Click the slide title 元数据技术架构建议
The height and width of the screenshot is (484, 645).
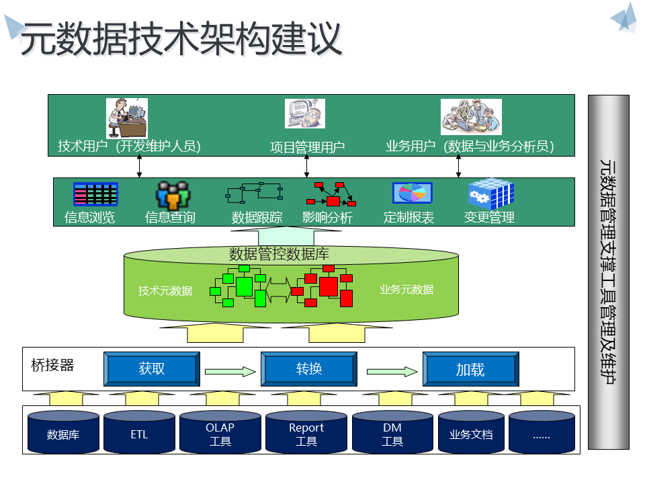coord(181,40)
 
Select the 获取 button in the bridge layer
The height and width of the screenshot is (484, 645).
coord(152,369)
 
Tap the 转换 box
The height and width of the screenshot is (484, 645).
coord(309,369)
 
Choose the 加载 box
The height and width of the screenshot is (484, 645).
coord(470,369)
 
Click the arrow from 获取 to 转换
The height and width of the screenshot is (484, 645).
coord(230,370)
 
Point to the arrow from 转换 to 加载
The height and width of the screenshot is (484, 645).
coord(392,370)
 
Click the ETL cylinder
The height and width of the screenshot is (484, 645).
coord(139,434)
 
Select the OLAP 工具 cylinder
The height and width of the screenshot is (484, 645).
coord(220,434)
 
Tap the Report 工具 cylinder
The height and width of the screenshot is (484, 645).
coord(306,434)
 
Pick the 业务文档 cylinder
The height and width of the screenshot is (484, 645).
coord(471,434)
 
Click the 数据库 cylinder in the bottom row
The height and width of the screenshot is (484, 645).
coord(63,434)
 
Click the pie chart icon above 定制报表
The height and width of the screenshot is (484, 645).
coord(412,194)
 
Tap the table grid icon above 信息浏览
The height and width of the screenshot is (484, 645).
coord(95,194)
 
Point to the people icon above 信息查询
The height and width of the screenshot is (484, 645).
coord(173,195)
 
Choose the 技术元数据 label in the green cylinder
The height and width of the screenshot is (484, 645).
coord(165,290)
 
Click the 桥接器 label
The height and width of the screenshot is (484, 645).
coord(52,365)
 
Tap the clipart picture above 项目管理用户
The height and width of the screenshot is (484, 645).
coord(305,114)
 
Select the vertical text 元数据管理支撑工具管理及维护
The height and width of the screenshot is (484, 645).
coord(608,272)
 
